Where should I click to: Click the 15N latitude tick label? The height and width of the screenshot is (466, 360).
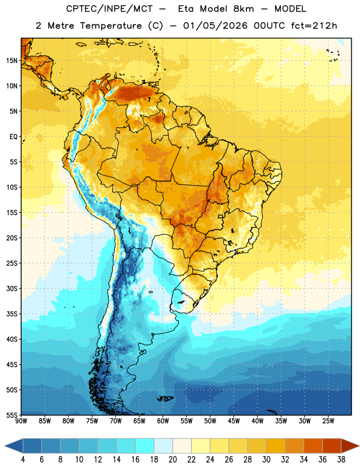pyautogui.click(x=12, y=61)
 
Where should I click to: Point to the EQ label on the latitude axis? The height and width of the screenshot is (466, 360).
pyautogui.click(x=13, y=137)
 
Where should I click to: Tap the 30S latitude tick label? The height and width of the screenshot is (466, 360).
pyautogui.click(x=12, y=288)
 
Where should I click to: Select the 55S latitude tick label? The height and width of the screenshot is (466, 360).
pyautogui.click(x=12, y=415)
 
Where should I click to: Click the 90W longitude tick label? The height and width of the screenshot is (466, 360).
pyautogui.click(x=21, y=421)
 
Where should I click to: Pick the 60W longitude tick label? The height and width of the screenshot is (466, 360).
pyautogui.click(x=163, y=421)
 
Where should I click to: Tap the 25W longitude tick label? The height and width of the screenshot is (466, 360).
pyautogui.click(x=328, y=421)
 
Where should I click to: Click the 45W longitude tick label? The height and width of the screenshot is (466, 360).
pyautogui.click(x=234, y=421)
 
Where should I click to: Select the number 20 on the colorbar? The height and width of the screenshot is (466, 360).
pyautogui.click(x=172, y=460)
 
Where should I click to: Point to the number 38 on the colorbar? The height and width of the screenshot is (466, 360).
pyautogui.click(x=341, y=460)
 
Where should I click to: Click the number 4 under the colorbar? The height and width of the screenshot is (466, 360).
pyautogui.click(x=23, y=460)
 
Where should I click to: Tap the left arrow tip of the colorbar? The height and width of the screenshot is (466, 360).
pyautogui.click(x=5, y=446)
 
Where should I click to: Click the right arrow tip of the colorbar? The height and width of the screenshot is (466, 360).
pyautogui.click(x=359, y=446)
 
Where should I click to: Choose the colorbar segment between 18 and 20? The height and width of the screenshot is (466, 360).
pyautogui.click(x=163, y=446)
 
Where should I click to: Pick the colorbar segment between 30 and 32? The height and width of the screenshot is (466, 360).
pyautogui.click(x=276, y=446)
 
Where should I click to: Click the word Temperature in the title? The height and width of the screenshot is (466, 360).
pyautogui.click(x=111, y=26)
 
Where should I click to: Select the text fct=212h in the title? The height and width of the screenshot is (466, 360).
pyautogui.click(x=314, y=26)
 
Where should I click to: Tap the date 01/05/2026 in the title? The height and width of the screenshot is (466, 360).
pyautogui.click(x=215, y=26)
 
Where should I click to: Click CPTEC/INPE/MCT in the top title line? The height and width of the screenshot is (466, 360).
pyautogui.click(x=110, y=9)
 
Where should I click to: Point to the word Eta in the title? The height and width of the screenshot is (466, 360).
pyautogui.click(x=186, y=9)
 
